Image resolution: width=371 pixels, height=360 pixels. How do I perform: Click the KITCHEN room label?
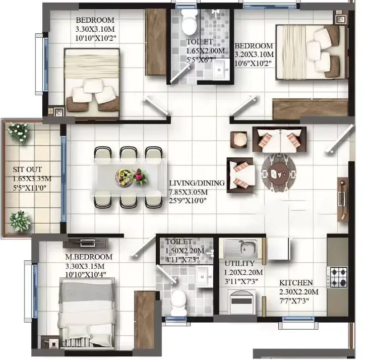coord(296,282)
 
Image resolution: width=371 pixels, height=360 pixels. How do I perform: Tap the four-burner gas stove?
coord(337,277)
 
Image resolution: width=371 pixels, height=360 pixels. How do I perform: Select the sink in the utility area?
coord(240,248)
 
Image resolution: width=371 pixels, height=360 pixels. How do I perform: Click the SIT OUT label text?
coord(27,169)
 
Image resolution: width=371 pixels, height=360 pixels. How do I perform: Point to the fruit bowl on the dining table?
coord(123,177)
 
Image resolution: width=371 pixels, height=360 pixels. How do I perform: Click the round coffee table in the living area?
coord(279,172)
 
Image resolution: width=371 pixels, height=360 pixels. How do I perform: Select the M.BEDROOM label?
coord(89,257)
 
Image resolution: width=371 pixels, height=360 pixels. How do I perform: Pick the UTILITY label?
coord(239,263)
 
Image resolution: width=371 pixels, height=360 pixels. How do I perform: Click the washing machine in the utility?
coord(242,302)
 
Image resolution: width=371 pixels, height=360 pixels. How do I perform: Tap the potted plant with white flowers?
coord(18,132)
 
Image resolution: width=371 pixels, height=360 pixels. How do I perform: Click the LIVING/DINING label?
coord(197,183)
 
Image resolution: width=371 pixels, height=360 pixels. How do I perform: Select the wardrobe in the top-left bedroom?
coord(156,42)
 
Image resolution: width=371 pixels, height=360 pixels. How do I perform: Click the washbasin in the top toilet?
coord(221,69)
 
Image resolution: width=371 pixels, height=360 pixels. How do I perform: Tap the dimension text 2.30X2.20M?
coord(299,292)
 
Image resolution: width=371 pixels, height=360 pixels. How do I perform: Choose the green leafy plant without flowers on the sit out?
coord(20,221)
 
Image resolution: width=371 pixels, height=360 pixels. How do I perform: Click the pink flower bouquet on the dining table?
coord(140,176)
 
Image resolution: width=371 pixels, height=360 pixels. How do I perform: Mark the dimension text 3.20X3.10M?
coord(254,54)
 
